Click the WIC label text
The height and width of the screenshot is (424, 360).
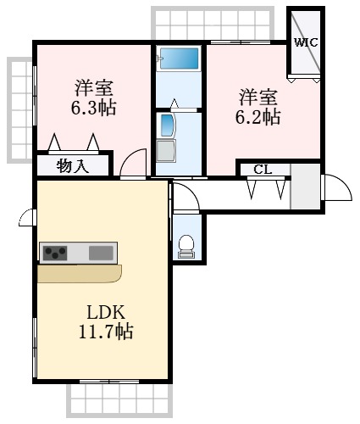[305, 42]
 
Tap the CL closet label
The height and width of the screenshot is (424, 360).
[263, 169]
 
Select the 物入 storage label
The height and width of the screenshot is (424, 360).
[73, 165]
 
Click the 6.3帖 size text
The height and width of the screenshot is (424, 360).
[94, 108]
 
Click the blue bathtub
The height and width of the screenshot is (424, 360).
[178, 60]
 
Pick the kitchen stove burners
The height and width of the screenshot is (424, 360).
[57, 253]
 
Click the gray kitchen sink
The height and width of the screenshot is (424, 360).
[101, 253]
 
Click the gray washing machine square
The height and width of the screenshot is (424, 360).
[168, 151]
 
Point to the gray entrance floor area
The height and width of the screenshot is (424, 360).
[304, 187]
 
